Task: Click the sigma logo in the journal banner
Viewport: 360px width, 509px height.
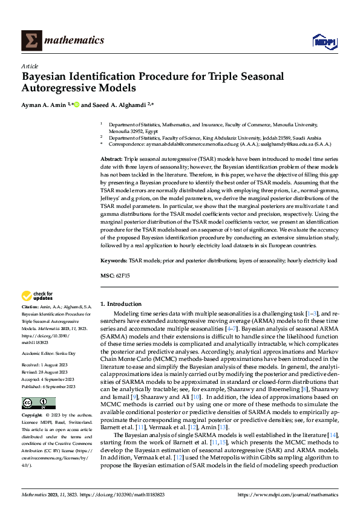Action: pyautogui.click(x=30, y=41)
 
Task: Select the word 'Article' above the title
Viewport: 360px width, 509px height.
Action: pyautogui.click(x=30, y=66)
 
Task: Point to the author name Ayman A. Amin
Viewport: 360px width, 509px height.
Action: pyautogui.click(x=45, y=105)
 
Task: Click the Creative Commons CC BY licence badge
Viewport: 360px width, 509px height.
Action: pyautogui.click(x=38, y=403)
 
